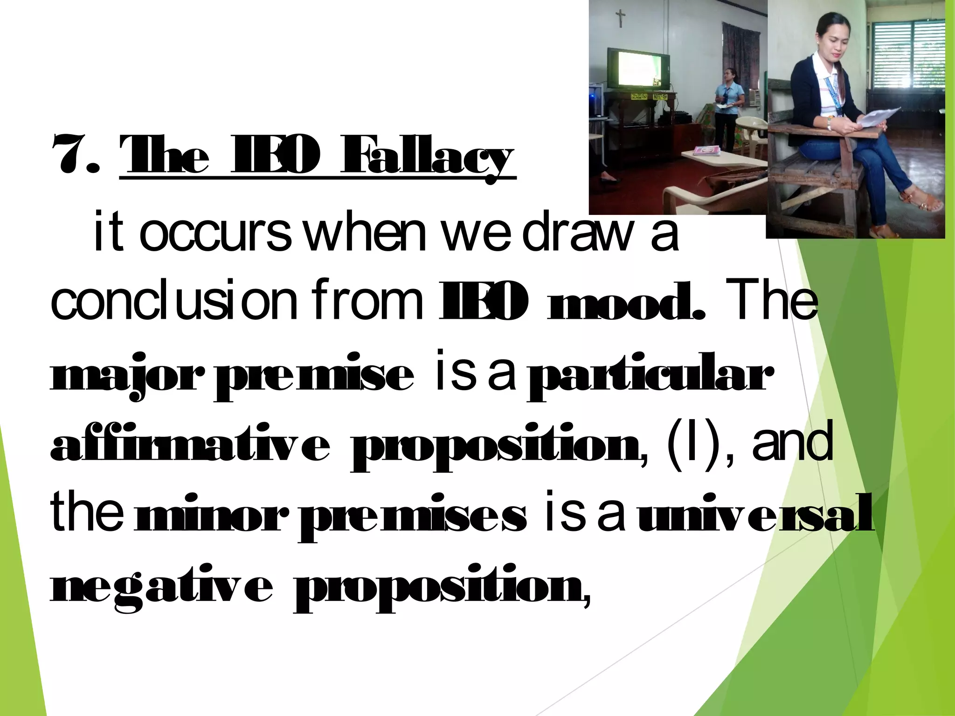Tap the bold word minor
click(208, 516)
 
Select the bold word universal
click(755, 516)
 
